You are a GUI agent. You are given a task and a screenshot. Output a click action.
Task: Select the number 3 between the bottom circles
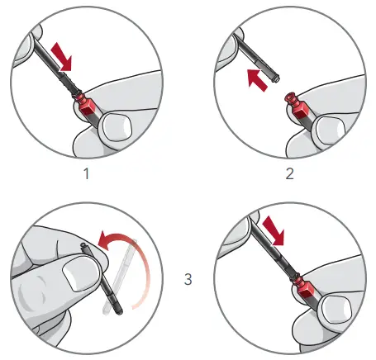point(189,279)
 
